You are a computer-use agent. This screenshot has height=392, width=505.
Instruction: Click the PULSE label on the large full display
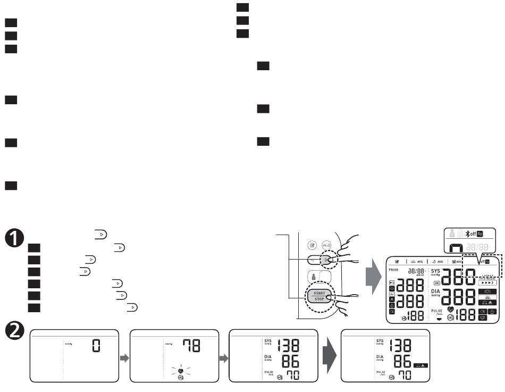pyautogui.click(x=435, y=311)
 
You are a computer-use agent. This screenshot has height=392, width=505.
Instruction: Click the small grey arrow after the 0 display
pyautogui.click(x=125, y=358)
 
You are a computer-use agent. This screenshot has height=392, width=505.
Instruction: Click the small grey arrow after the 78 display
pyautogui.click(x=224, y=358)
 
